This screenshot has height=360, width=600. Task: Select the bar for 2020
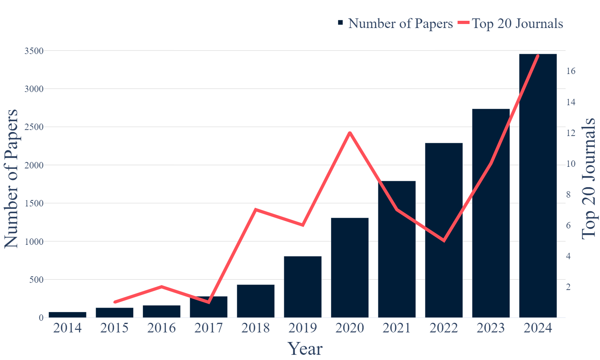[x=350, y=268]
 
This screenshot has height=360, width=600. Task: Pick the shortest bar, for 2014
[x=67, y=315]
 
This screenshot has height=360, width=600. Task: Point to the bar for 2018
[x=256, y=301]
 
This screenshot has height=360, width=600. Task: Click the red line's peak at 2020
[x=350, y=133]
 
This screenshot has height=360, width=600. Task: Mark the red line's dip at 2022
[x=444, y=240]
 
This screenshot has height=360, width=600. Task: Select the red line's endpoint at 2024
[x=538, y=56]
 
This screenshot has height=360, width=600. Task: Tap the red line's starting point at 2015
[x=115, y=302]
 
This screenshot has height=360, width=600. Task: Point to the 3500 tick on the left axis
[x=34, y=51]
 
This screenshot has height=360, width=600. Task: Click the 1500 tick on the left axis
[x=34, y=203]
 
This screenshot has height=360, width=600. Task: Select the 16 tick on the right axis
[x=571, y=71]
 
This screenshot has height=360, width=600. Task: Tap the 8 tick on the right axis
[x=569, y=195]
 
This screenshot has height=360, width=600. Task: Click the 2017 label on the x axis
[x=208, y=328]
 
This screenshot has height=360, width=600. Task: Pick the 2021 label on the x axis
[x=397, y=328]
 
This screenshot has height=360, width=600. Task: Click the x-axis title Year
[x=305, y=349]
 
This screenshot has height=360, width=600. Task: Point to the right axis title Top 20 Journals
[x=588, y=178]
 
